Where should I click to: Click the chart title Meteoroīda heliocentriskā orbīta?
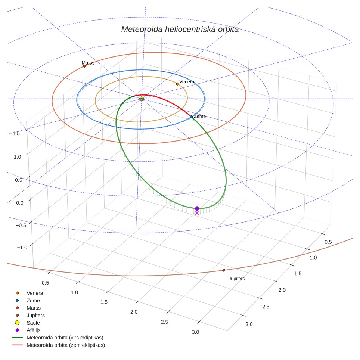click(180, 29)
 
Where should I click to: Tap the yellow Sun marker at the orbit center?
click(142, 99)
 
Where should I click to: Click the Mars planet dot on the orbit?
click(84, 66)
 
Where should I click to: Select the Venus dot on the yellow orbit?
click(177, 84)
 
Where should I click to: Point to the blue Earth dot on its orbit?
click(191, 117)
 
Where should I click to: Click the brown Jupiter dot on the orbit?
click(224, 270)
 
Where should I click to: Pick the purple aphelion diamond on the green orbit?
click(197, 208)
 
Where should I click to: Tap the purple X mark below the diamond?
click(197, 213)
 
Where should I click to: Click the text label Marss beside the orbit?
click(88, 63)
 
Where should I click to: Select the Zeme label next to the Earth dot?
click(200, 117)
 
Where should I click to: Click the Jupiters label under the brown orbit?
click(237, 279)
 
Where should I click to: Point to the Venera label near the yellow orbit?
click(187, 82)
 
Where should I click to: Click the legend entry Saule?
click(33, 323)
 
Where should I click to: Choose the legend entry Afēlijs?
click(34, 330)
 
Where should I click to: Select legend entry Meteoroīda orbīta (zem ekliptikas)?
click(66, 345)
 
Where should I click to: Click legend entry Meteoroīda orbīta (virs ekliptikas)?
click(65, 338)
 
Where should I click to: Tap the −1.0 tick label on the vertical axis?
click(22, 248)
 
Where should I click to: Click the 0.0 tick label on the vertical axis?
click(20, 203)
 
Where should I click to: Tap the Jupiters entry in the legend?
click(35, 316)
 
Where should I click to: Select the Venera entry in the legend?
click(35, 293)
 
